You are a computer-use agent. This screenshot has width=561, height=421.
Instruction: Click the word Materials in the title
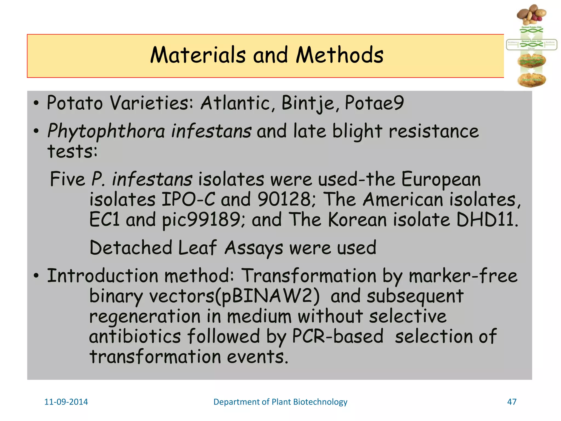point(198,55)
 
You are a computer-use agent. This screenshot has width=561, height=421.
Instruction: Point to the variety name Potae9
point(374,103)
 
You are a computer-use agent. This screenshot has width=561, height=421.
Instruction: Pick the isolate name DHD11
point(486,220)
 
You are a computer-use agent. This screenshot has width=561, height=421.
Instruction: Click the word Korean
point(357,220)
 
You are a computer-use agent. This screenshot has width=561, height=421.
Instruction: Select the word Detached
point(131,248)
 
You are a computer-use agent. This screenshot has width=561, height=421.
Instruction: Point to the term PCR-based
point(337,337)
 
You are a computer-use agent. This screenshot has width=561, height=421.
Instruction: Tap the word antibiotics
point(135,337)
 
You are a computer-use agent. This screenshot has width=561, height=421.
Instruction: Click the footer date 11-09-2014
point(66,402)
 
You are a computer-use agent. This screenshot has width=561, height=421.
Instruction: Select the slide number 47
point(512,402)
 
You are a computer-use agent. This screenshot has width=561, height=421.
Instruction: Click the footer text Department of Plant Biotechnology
point(280,402)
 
